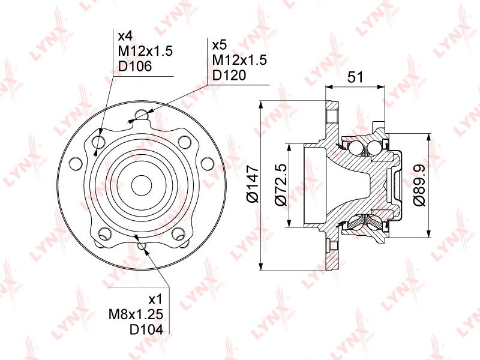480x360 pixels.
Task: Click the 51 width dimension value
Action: click(x=355, y=77)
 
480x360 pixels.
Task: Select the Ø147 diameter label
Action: click(x=253, y=184)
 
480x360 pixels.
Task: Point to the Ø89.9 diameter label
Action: click(x=419, y=185)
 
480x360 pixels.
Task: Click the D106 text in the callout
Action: click(x=134, y=66)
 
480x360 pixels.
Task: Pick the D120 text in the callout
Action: click(x=229, y=75)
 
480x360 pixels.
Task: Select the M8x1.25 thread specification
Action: click(x=136, y=314)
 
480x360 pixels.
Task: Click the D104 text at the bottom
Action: click(x=146, y=329)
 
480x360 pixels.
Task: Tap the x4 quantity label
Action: click(x=125, y=36)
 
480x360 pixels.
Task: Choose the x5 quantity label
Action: click(x=219, y=45)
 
